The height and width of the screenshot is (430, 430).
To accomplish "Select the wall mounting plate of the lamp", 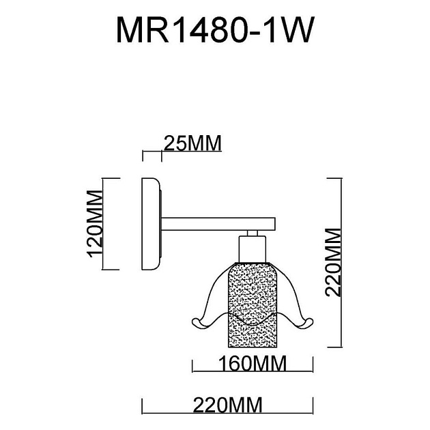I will [151, 226].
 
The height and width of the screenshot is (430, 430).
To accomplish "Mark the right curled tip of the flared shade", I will [305, 321].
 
